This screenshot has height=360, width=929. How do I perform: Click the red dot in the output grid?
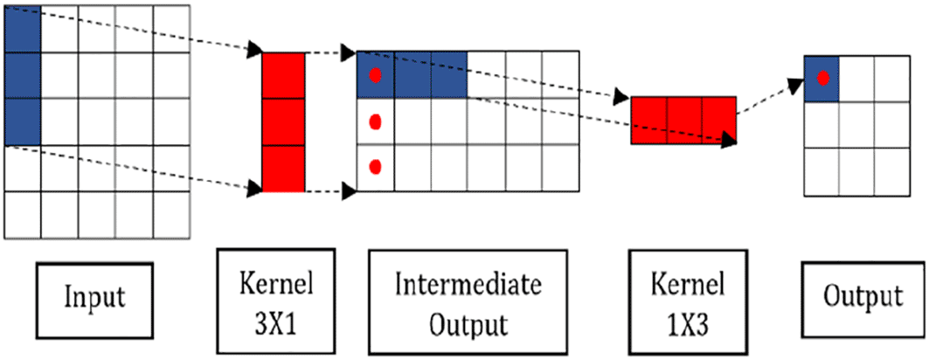pos(822,79)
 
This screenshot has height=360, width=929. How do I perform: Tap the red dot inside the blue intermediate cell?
pos(376,76)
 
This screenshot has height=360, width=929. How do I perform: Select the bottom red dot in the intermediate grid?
pos(376,166)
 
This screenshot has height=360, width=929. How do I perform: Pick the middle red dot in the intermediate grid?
pos(376,122)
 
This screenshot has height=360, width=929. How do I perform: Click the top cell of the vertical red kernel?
pos(284,77)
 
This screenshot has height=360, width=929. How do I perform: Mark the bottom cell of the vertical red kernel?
pos(284,168)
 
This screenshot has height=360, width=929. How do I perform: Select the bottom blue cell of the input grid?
pos(23,122)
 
